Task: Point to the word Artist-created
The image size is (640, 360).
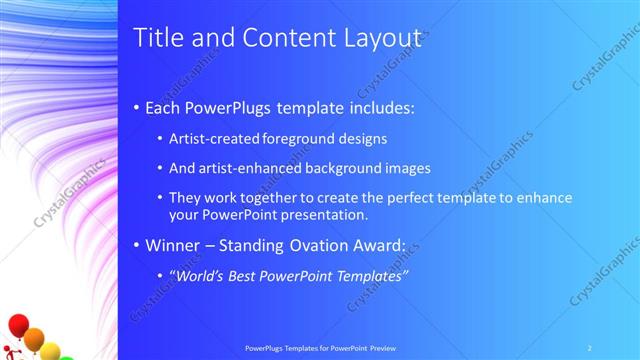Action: pyautogui.click(x=211, y=139)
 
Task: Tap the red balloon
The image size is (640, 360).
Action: pyautogui.click(x=17, y=325)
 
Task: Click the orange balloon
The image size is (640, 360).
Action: pyautogui.click(x=34, y=339)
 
